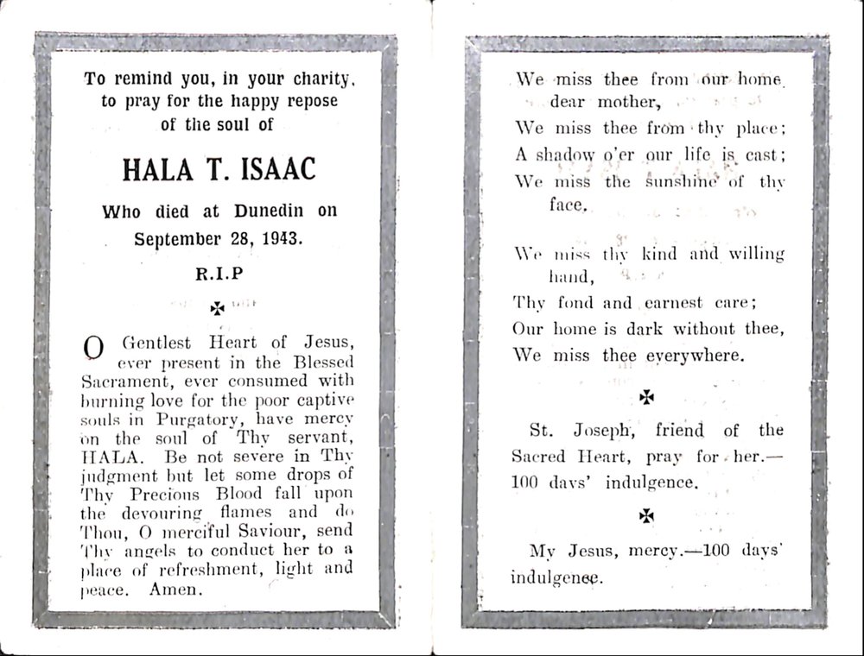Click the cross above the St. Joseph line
[645, 396]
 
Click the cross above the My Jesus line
[645, 515]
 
